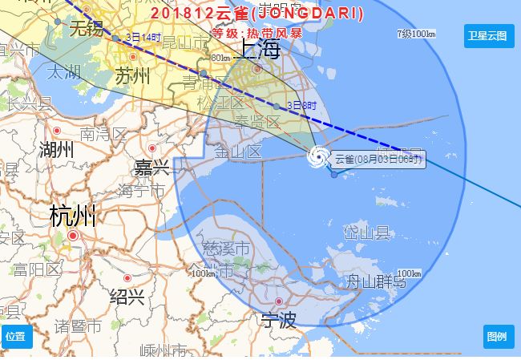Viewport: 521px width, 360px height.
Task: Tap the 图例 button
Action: tap(498, 336)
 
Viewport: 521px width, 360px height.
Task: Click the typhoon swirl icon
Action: tap(317, 157)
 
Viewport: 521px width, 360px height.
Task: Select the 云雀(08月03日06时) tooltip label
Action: tap(378, 159)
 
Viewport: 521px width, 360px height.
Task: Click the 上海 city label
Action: tap(258, 50)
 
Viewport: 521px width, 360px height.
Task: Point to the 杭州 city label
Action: tap(72, 216)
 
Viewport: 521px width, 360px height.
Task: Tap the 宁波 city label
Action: tap(278, 322)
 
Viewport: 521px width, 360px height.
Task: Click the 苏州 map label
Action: tap(132, 77)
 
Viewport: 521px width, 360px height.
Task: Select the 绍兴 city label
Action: tap(127, 297)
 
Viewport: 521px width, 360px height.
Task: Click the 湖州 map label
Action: tap(56, 150)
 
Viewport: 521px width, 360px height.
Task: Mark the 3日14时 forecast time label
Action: tap(144, 37)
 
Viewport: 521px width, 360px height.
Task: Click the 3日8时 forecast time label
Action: tap(303, 105)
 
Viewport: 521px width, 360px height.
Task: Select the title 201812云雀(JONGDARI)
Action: tap(256, 14)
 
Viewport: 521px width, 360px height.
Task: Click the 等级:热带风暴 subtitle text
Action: tap(256, 34)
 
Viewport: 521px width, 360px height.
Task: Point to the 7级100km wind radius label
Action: tap(416, 34)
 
